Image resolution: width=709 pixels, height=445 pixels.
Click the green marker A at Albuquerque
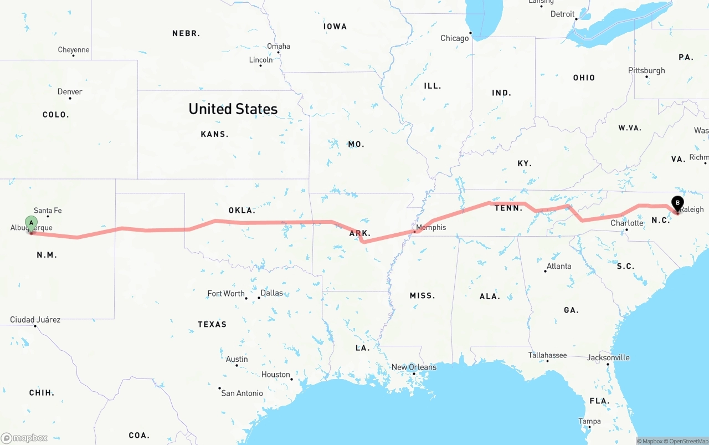(32, 223)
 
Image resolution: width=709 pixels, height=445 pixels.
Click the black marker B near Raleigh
(677, 203)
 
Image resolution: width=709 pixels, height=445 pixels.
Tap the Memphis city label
(431, 227)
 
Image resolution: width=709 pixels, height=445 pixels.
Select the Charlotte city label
(627, 223)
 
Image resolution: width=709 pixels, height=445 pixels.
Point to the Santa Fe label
(48, 211)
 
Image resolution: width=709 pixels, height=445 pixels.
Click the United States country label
(233, 109)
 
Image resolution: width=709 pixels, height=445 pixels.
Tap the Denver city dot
(70, 99)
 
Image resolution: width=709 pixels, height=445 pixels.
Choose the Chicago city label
(454, 38)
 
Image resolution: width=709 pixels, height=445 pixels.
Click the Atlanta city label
(558, 266)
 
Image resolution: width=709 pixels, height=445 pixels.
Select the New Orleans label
(414, 367)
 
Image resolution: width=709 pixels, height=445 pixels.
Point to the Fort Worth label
(226, 293)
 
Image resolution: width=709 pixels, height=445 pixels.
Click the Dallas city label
(271, 293)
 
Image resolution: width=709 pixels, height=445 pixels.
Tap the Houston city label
(275, 375)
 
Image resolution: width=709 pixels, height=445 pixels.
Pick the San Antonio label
(242, 393)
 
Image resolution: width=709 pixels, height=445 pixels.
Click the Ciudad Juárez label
(35, 320)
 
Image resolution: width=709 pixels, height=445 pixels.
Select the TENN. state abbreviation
(508, 208)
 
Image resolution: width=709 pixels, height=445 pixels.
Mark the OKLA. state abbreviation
(242, 211)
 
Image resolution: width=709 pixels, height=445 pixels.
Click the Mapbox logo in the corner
(24, 438)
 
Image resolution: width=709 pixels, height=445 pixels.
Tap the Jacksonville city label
(608, 357)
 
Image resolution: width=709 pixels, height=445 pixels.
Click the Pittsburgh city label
(646, 70)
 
